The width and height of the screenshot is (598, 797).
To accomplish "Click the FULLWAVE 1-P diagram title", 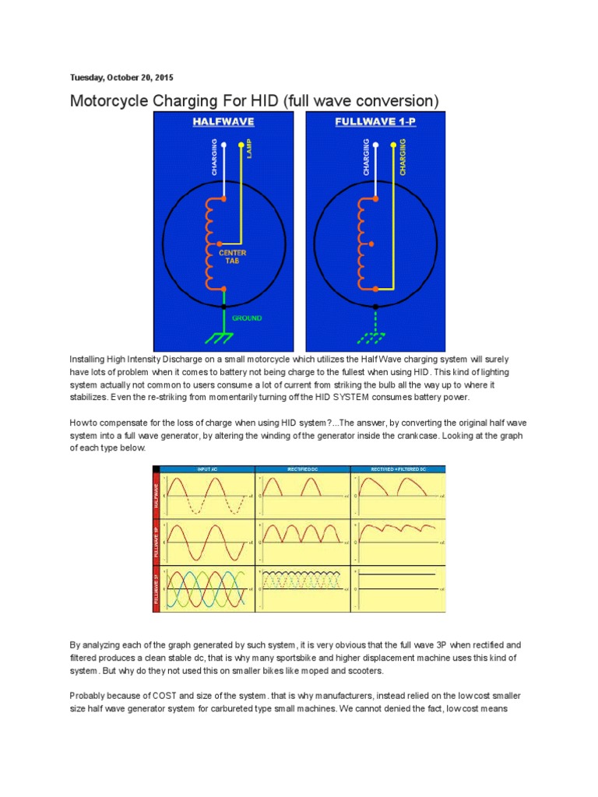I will pyautogui.click(x=375, y=121).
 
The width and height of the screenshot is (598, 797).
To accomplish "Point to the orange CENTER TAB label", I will pyautogui.click(x=234, y=256).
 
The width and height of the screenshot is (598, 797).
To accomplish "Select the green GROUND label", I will pyautogui.click(x=246, y=318).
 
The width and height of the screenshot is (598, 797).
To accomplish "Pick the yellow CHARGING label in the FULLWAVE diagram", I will pyautogui.click(x=403, y=156).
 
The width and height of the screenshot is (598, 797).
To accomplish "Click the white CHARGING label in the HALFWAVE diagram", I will pyautogui.click(x=213, y=156).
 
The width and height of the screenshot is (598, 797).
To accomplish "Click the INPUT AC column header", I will pyautogui.click(x=205, y=469).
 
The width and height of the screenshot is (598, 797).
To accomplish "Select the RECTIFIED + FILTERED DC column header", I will pyautogui.click(x=399, y=469).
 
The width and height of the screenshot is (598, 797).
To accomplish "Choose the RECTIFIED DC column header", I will pyautogui.click(x=302, y=469).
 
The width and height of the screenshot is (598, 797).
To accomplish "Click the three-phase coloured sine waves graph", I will pyautogui.click(x=206, y=588).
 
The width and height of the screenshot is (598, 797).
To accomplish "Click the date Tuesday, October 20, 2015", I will pyautogui.click(x=121, y=78).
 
